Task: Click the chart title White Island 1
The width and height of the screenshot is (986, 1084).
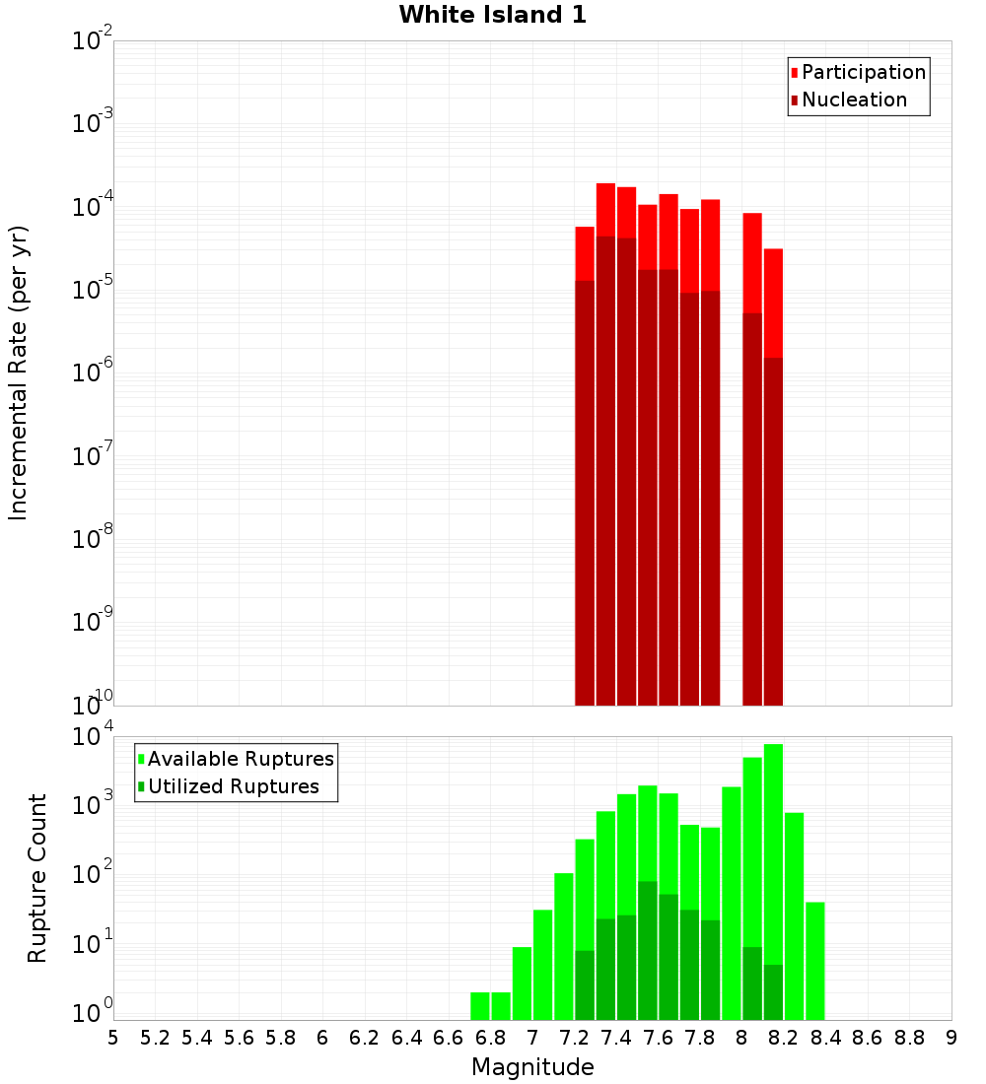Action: pos(492,15)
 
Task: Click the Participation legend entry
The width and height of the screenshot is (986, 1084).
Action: pos(863,72)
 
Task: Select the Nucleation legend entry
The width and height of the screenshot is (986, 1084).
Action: pos(853,100)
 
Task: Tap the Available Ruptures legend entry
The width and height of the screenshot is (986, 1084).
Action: pos(240,759)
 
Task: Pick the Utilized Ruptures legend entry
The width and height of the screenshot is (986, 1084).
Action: pos(233,786)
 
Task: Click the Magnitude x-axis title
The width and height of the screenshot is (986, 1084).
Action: pos(532,1067)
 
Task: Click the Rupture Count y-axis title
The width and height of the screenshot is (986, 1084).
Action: pos(37,877)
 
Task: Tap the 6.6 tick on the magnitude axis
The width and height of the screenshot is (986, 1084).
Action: pos(449,1038)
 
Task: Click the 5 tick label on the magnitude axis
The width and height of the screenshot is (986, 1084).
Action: pos(113,1038)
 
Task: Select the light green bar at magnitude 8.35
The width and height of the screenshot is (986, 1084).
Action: pos(815,961)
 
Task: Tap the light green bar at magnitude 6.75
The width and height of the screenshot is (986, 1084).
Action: pos(480,1006)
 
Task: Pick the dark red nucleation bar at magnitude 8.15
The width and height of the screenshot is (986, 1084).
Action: pos(773,532)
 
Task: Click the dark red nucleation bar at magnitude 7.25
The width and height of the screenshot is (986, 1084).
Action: pos(585,493)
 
